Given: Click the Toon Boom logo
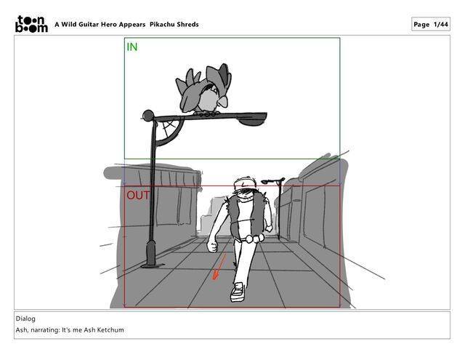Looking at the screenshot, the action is (31, 24).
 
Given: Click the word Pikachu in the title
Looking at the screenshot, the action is (162, 24).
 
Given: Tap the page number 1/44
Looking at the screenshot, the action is (441, 24).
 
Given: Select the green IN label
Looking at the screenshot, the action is (132, 47).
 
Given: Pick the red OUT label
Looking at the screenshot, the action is (138, 196).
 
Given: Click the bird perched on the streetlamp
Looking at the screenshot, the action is (203, 89).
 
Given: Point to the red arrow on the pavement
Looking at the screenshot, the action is (219, 266).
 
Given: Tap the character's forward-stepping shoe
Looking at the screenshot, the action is (238, 292).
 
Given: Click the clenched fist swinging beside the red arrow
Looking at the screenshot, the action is (212, 246).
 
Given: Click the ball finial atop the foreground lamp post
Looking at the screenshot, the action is (148, 115).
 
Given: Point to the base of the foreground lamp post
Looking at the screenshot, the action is (151, 255).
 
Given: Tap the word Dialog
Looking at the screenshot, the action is (25, 319).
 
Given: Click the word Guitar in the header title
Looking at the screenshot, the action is (89, 24).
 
